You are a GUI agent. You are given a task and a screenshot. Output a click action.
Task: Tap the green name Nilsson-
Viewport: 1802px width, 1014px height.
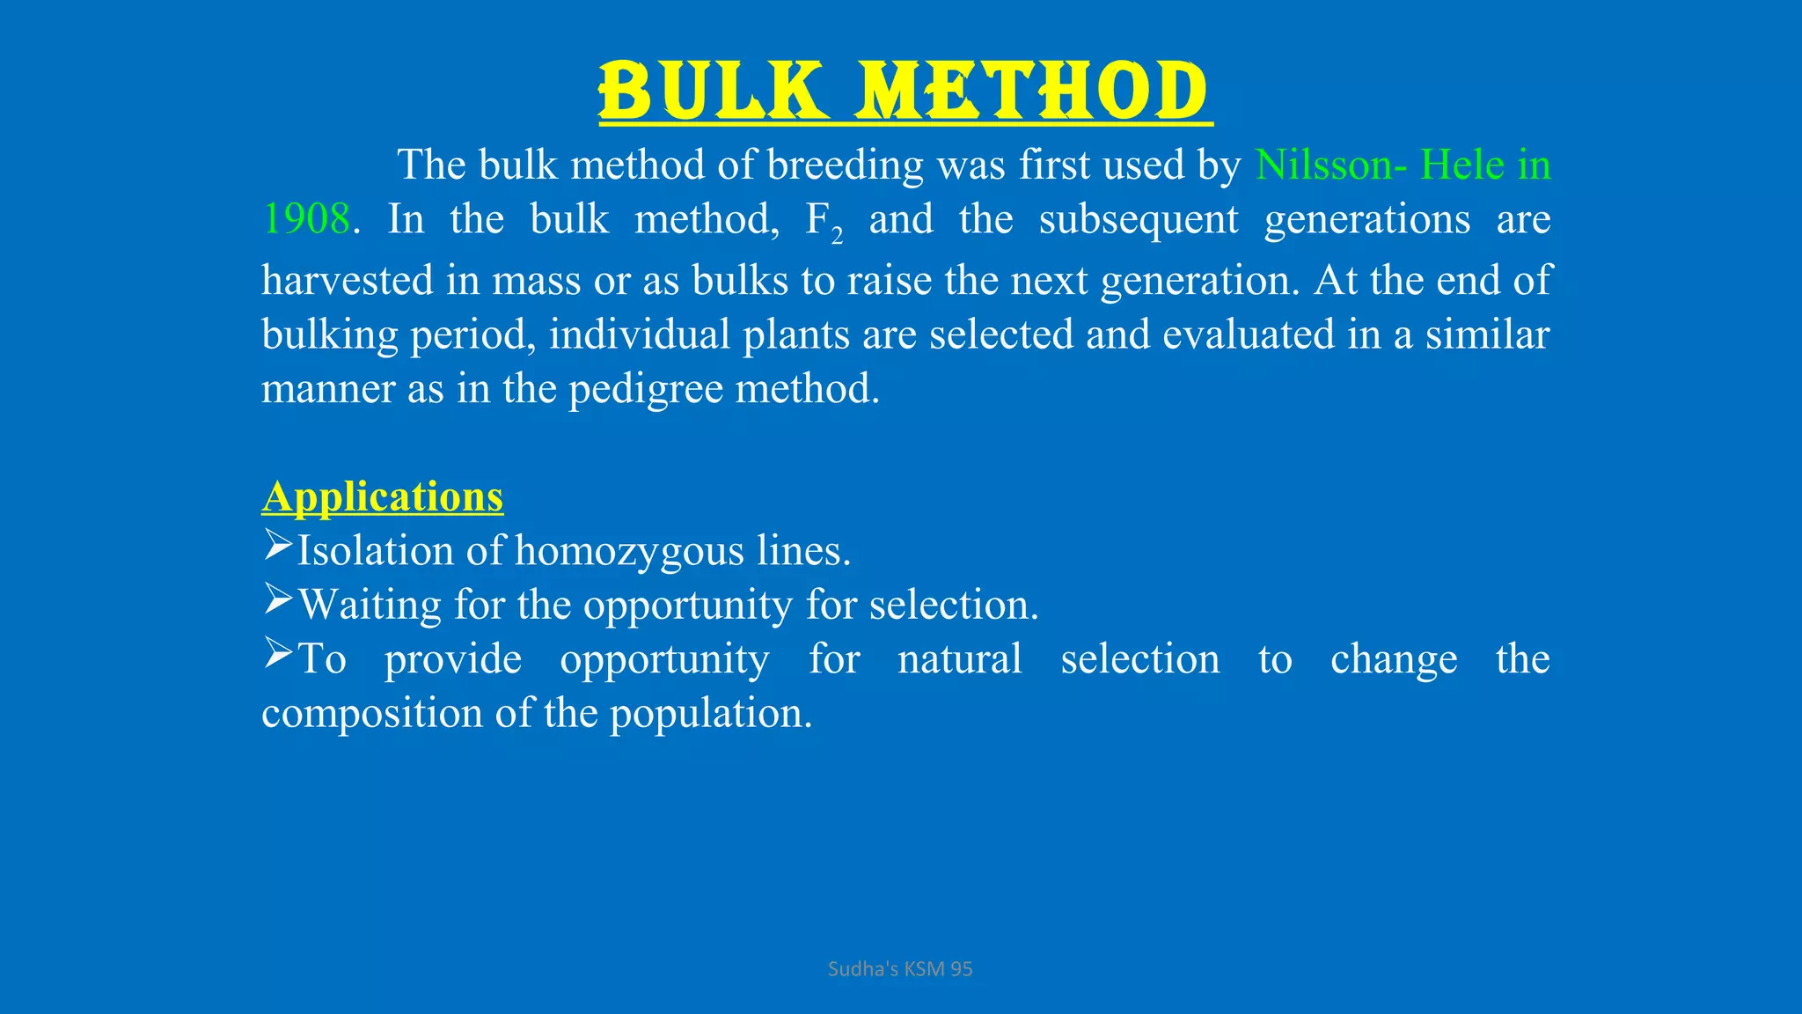[1330, 165]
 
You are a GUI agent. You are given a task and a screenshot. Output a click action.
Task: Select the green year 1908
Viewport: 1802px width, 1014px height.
[306, 218]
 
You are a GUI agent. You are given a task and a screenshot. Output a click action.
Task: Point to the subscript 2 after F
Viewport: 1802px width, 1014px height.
[837, 236]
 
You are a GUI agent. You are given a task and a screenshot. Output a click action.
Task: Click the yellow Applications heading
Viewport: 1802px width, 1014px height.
[383, 496]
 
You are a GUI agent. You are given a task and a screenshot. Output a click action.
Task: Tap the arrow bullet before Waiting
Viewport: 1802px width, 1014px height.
[277, 600]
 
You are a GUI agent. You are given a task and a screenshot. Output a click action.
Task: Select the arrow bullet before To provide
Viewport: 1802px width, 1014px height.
[277, 654]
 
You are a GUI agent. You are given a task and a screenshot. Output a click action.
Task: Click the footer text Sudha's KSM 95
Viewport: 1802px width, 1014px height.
[900, 969]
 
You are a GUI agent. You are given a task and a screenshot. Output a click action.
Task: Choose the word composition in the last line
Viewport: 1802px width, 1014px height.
[371, 714]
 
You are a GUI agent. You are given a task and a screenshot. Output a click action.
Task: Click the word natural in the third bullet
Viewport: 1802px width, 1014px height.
[959, 659]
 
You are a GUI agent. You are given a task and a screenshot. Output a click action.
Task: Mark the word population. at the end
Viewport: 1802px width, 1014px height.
[711, 714]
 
